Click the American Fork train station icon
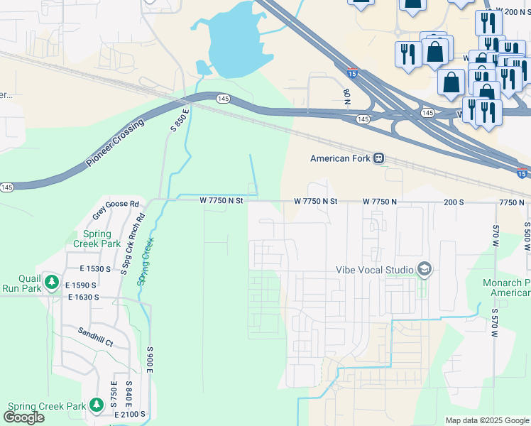[x=380, y=158]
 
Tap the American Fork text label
[x=341, y=158]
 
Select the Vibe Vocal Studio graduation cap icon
[x=425, y=269]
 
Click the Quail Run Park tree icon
[x=51, y=283]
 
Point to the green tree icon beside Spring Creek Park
[x=97, y=405]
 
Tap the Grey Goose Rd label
[x=116, y=204]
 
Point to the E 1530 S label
[x=95, y=270]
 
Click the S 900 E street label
[x=150, y=366]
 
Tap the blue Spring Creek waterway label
[x=145, y=261]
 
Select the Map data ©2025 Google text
[x=487, y=420]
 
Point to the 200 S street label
[x=453, y=202]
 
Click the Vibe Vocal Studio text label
[x=375, y=270]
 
